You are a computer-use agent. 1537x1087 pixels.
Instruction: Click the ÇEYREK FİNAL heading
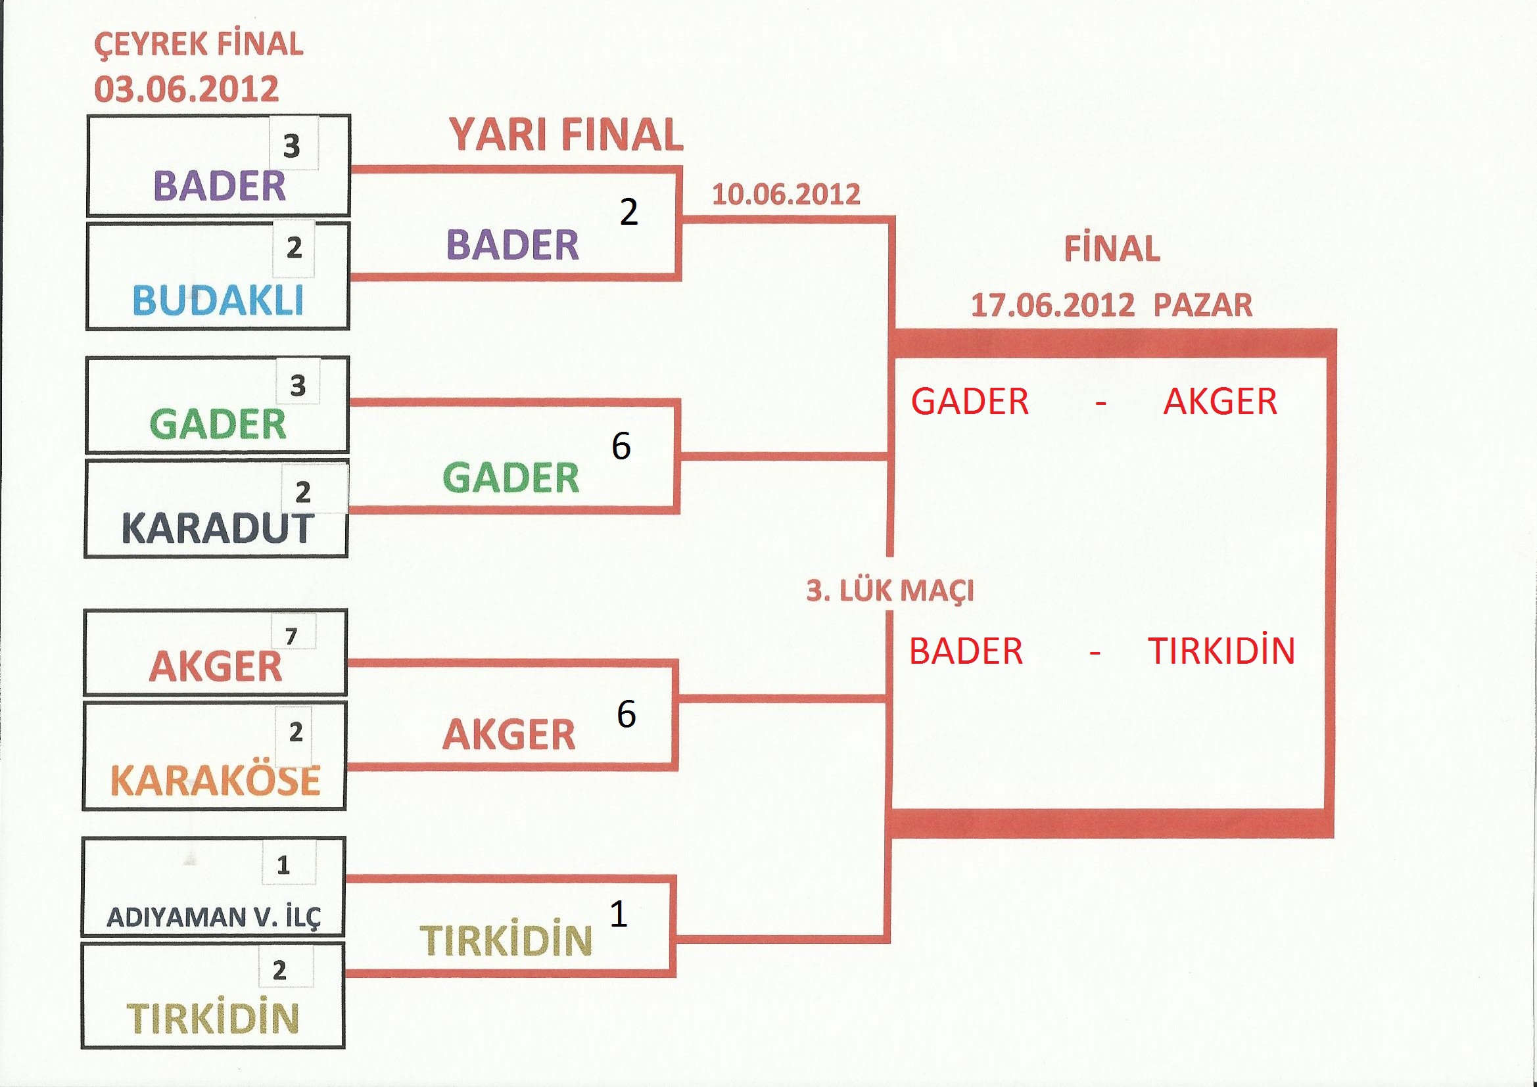click(x=198, y=45)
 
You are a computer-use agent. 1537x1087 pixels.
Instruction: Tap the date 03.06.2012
click(x=186, y=89)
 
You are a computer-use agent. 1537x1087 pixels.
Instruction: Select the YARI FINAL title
click(x=566, y=135)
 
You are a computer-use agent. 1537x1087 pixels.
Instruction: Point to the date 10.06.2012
click(x=786, y=195)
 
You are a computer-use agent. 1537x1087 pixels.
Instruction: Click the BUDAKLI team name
click(x=218, y=300)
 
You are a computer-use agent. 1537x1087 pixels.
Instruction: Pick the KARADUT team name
click(x=218, y=528)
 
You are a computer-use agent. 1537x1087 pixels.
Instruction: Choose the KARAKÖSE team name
click(x=215, y=780)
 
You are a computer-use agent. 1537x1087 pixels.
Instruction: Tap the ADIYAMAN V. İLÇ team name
click(x=214, y=917)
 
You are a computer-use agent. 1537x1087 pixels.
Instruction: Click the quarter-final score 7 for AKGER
click(x=291, y=637)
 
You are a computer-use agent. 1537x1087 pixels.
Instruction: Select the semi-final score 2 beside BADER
click(x=628, y=212)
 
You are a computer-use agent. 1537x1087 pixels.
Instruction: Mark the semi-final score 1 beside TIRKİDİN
click(x=619, y=914)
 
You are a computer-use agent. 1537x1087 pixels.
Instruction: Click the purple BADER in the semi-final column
click(x=513, y=245)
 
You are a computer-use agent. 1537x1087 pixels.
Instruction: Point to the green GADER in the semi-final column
click(x=511, y=478)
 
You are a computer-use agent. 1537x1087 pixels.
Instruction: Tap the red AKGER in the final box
click(x=1220, y=402)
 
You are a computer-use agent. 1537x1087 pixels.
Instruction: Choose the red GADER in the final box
click(x=970, y=402)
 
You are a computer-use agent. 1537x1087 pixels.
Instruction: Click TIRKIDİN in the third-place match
click(x=1221, y=651)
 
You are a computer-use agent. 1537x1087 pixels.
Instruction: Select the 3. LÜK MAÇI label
click(x=889, y=591)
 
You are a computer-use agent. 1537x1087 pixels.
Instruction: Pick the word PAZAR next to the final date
click(x=1203, y=306)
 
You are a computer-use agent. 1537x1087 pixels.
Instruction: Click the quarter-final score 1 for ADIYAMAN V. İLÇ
click(x=283, y=866)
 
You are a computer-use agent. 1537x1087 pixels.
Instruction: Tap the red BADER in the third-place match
click(x=966, y=651)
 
